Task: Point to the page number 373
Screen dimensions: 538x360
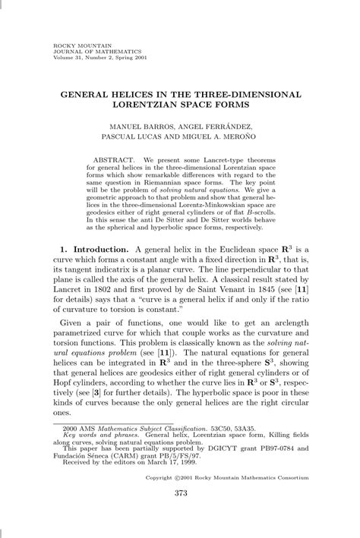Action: click(180, 515)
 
